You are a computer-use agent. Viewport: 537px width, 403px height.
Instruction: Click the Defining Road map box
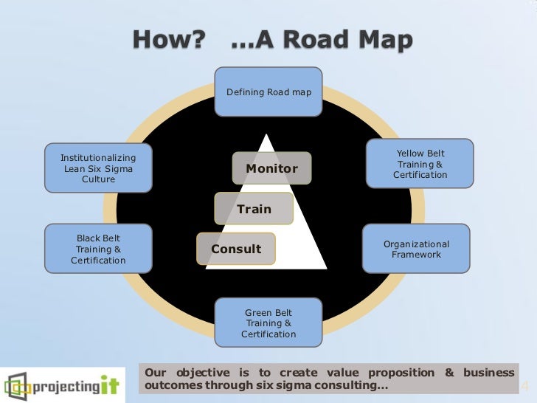click(x=268, y=92)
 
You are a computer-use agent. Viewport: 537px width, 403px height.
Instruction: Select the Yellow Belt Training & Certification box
click(x=420, y=164)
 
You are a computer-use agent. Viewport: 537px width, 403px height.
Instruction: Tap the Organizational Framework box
click(x=416, y=249)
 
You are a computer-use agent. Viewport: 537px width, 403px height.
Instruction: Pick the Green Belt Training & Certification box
click(x=268, y=323)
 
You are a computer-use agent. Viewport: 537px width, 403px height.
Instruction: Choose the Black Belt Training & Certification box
click(x=98, y=249)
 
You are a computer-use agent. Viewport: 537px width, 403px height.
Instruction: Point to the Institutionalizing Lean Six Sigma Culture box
click(x=98, y=168)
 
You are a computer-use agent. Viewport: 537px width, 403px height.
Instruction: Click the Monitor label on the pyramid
click(x=271, y=168)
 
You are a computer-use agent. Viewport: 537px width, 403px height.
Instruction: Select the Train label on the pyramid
click(x=254, y=209)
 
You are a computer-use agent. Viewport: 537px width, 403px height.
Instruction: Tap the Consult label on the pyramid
click(x=236, y=249)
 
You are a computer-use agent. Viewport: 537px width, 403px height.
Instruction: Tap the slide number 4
click(x=525, y=387)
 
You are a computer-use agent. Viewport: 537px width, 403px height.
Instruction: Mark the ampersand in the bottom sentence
click(x=450, y=373)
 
